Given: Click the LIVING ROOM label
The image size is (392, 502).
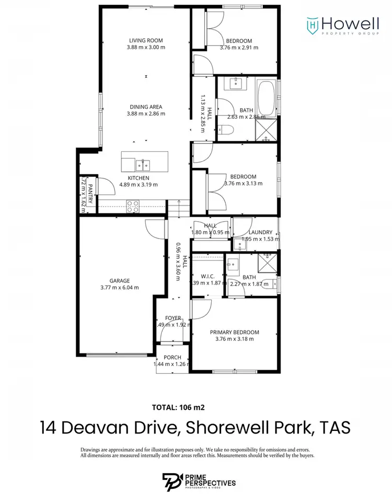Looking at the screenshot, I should [146, 40].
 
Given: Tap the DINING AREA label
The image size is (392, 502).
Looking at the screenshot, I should [146, 107].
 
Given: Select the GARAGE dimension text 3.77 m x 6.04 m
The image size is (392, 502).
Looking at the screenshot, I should [119, 287].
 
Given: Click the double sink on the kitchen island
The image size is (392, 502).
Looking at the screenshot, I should [142, 166].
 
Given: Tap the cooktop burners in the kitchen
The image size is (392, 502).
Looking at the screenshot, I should [132, 205].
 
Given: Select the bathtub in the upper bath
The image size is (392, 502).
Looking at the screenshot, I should [267, 98].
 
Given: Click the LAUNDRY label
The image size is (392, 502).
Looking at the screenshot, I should [260, 232].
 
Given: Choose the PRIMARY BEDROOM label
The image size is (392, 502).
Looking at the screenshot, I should [234, 332].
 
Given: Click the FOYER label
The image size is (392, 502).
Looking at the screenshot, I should [173, 318].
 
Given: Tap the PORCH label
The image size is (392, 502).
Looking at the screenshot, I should [172, 358].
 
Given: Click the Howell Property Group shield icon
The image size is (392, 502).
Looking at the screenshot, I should [312, 24].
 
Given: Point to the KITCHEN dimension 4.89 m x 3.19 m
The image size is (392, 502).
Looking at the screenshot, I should [139, 185].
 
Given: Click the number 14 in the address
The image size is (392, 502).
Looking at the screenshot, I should [49, 427].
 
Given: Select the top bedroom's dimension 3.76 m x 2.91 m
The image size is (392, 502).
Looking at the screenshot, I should [239, 48].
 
